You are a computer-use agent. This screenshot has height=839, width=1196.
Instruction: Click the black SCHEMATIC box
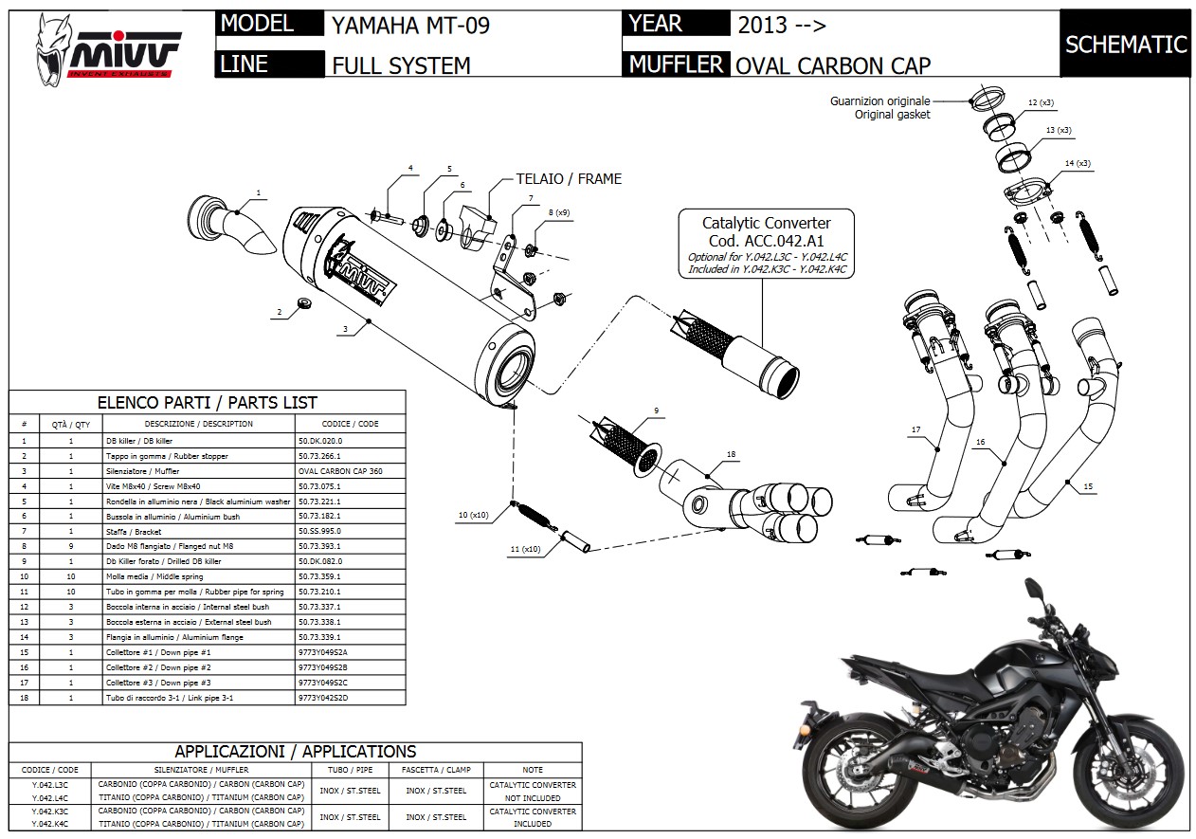[1125, 45]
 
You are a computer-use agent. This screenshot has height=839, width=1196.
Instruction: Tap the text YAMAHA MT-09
[410, 26]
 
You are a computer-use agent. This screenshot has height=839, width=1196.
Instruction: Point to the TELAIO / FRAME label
[569, 178]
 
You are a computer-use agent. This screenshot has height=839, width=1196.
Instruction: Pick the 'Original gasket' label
[892, 114]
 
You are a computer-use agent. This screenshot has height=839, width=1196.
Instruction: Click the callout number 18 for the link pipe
[731, 455]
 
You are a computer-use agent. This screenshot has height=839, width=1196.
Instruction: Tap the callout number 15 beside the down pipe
[1087, 486]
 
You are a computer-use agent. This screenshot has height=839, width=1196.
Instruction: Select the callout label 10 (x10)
[473, 515]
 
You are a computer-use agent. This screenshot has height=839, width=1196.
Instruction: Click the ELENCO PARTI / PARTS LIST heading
[208, 403]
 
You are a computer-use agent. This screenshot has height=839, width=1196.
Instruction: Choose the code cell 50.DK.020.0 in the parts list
[319, 441]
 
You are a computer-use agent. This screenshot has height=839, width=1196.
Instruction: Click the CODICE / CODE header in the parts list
[350, 424]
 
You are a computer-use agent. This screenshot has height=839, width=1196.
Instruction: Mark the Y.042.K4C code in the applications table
[50, 823]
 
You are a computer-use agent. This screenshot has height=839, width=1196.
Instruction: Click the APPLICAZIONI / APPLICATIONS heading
[296, 752]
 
